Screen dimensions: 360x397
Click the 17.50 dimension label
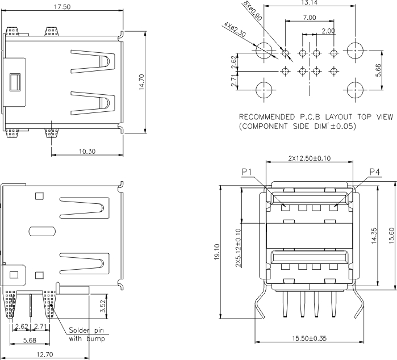pos(62,7)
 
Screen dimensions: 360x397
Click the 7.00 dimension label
pos(310,18)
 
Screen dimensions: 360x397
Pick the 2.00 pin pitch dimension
pos(328,31)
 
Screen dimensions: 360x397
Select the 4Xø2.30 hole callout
pos(235,29)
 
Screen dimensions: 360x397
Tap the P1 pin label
pos(246,171)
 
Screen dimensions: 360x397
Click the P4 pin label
pos(375,171)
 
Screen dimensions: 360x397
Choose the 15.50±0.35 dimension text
pos(310,338)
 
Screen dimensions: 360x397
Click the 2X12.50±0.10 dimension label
pos(309,158)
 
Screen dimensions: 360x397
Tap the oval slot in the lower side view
pos(42,232)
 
